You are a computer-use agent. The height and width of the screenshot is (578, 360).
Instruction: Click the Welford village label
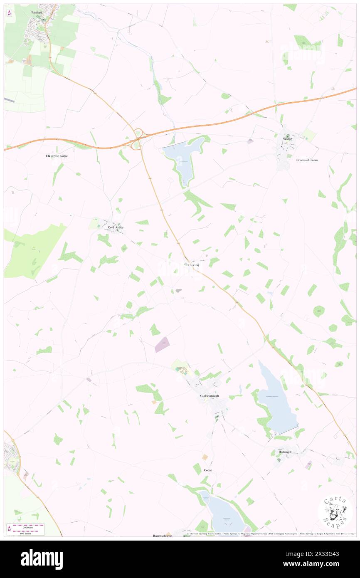pyautogui.click(x=37, y=13)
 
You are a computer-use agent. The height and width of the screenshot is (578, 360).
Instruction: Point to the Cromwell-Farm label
pyautogui.click(x=307, y=160)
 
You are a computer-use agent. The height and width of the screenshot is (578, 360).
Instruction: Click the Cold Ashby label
pyautogui.click(x=116, y=227)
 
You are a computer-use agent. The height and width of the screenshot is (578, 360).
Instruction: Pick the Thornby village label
pyautogui.click(x=193, y=265)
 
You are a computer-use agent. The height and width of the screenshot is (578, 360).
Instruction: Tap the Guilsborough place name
pyautogui.click(x=209, y=396)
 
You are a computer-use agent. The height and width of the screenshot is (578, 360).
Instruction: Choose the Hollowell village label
pyautogui.click(x=285, y=452)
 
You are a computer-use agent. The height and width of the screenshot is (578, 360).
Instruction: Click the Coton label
pyautogui.click(x=208, y=470)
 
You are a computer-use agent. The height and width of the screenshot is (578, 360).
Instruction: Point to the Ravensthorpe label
pyautogui.click(x=163, y=536)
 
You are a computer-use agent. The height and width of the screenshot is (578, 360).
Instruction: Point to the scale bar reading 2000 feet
pyautogui.click(x=28, y=526)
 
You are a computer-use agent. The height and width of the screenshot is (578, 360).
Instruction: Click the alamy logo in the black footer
pyautogui.click(x=42, y=559)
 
